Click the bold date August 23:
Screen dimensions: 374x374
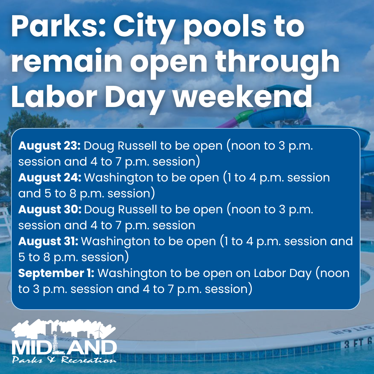[50, 146]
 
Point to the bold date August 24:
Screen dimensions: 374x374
[50, 178]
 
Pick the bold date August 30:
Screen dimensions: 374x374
[50, 210]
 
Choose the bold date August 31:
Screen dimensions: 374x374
[48, 241]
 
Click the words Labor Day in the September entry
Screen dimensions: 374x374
[283, 273]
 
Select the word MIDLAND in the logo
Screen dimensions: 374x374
[64, 347]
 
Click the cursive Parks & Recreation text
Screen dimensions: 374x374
[64, 360]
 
